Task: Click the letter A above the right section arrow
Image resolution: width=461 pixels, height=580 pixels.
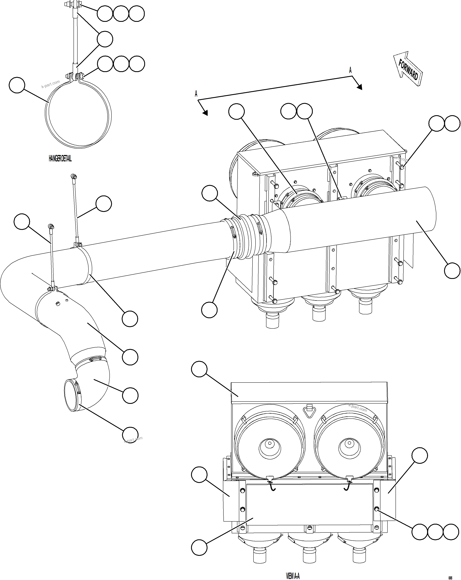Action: pyautogui.click(x=350, y=71)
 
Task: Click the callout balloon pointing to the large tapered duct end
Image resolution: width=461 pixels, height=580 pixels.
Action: pyautogui.click(x=452, y=271)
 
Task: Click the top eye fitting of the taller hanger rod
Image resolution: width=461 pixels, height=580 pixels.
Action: pyautogui.click(x=73, y=176)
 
